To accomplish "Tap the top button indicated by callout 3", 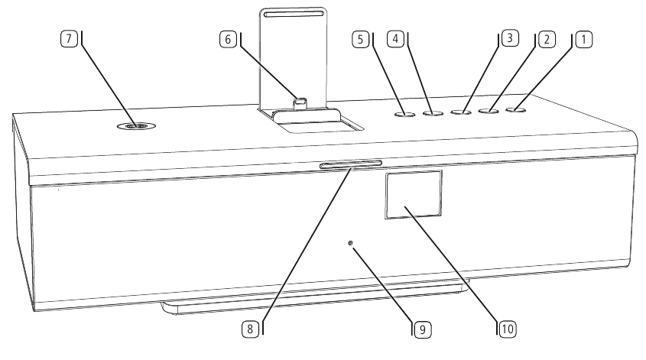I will coord(460,113).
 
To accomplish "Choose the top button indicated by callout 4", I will coord(433,114).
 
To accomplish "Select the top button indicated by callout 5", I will coord(405,115).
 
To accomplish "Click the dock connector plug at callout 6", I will coord(301,100).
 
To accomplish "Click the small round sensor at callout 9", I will coord(351,245).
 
